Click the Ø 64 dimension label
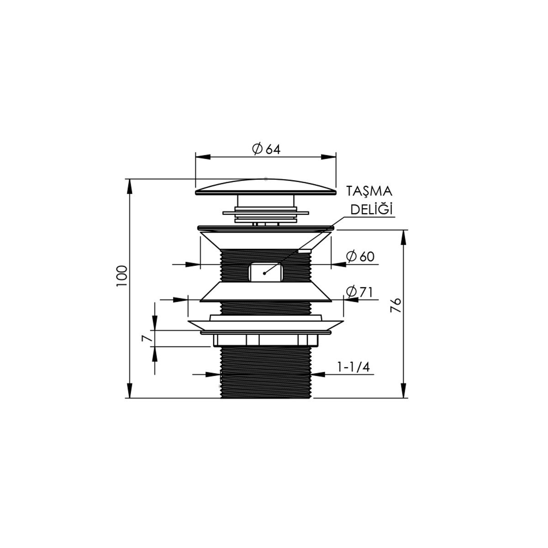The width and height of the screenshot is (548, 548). click(x=266, y=149)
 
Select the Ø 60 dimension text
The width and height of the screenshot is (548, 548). click(x=360, y=257)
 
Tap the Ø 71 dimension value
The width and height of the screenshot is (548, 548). click(x=359, y=292)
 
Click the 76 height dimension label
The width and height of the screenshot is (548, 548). click(x=395, y=305)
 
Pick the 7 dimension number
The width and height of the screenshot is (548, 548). click(x=147, y=338)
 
